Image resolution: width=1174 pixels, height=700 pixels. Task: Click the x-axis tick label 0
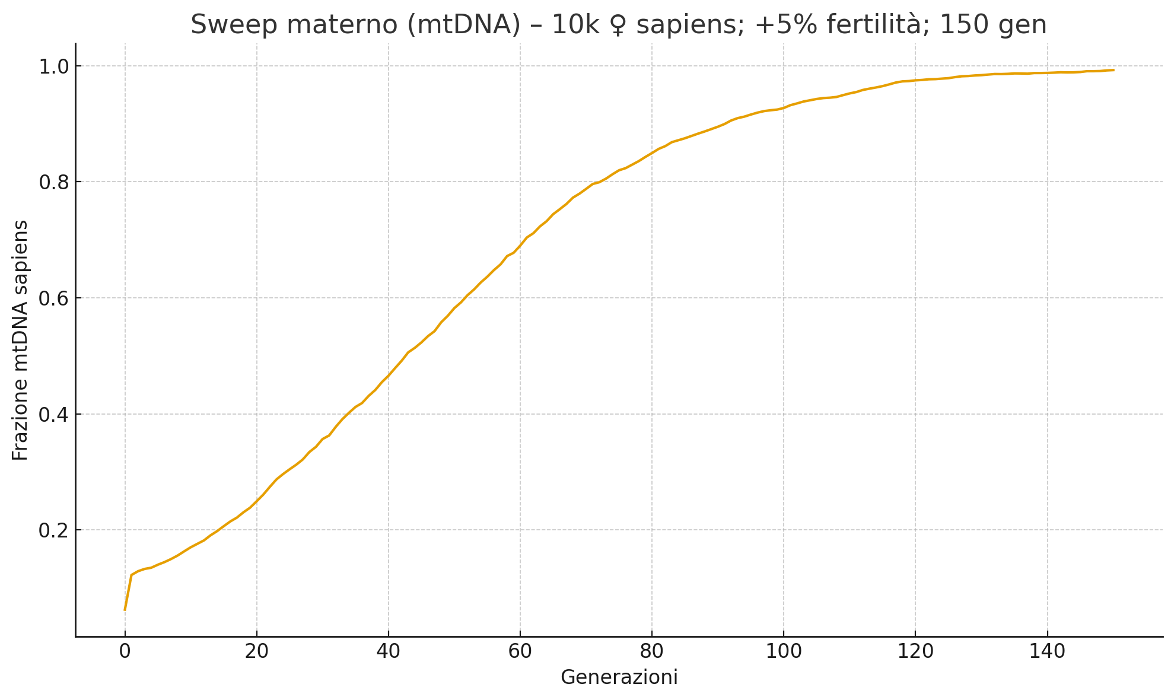pyautogui.click(x=125, y=651)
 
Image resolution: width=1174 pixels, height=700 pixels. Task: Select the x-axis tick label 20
pyautogui.click(x=256, y=651)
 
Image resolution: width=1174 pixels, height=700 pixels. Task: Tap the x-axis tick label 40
pyautogui.click(x=388, y=651)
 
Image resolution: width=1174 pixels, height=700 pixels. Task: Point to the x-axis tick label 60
pyautogui.click(x=520, y=651)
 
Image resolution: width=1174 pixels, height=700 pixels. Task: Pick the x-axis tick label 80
pyautogui.click(x=651, y=651)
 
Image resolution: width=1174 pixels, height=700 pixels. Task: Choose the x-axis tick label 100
pyautogui.click(x=783, y=651)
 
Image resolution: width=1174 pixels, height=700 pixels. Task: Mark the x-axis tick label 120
pyautogui.click(x=915, y=651)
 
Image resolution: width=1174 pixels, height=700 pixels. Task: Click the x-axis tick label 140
pyautogui.click(x=1047, y=651)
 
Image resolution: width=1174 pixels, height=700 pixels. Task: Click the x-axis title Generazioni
pyautogui.click(x=619, y=677)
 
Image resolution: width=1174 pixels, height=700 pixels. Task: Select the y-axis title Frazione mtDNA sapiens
pyautogui.click(x=20, y=340)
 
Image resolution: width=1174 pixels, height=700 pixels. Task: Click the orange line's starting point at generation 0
pyautogui.click(x=125, y=610)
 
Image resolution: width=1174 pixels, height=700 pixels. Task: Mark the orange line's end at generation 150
pyautogui.click(x=1113, y=70)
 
